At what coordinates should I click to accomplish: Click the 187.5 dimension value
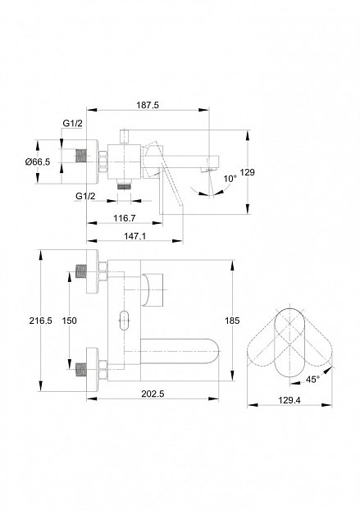point(148,105)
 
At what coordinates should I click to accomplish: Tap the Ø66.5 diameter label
point(38,162)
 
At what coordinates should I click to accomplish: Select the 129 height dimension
point(247,172)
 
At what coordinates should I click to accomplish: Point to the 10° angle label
point(230,179)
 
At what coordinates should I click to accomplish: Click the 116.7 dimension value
point(124,218)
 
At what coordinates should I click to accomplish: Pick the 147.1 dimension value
point(134,236)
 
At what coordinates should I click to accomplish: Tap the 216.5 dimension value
point(41,321)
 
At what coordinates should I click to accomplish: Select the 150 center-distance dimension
point(69,321)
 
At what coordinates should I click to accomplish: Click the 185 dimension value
point(232,321)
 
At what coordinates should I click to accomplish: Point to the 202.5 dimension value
point(153,394)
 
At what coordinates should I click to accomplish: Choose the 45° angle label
point(312,380)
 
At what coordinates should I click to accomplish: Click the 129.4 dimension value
point(289,400)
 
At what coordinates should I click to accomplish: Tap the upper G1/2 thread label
point(72,123)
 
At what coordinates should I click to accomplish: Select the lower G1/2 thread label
point(85,196)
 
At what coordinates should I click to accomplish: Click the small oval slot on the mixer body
point(124,321)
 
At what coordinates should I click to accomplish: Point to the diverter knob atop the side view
point(124,137)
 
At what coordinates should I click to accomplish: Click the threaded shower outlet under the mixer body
point(124,185)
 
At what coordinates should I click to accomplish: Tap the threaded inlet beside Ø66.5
point(81,156)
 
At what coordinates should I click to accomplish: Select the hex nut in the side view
point(103,162)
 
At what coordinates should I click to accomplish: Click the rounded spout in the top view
point(180,352)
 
